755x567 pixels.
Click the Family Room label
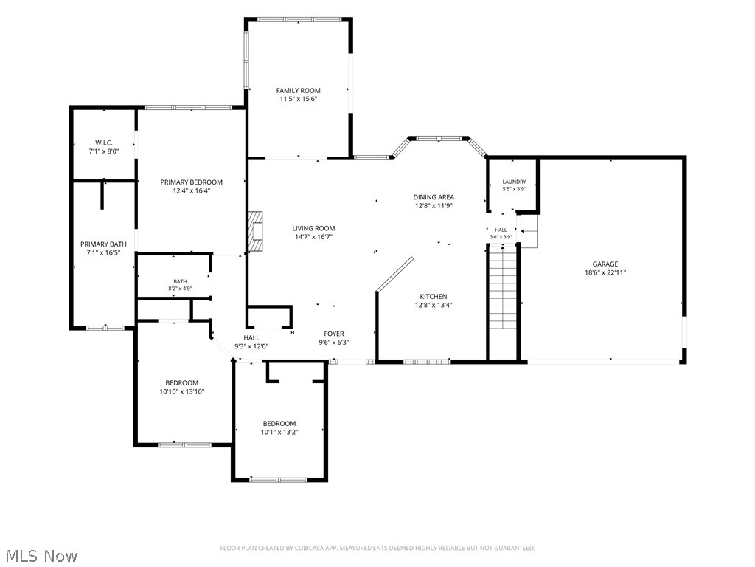[298, 90]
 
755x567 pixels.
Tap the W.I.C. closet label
[103, 142]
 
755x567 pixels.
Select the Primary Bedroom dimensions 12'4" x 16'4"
[192, 190]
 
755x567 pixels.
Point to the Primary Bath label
[103, 244]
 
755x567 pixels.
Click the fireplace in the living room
[256, 231]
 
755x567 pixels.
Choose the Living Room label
[313, 228]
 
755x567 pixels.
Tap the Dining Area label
[434, 196]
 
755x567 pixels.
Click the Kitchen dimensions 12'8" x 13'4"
[434, 305]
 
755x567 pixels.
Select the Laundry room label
[514, 182]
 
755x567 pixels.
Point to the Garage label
[605, 264]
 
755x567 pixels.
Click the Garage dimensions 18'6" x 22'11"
[605, 272]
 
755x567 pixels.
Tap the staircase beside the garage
[503, 286]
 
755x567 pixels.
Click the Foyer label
[334, 334]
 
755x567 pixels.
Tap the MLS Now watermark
[39, 556]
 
